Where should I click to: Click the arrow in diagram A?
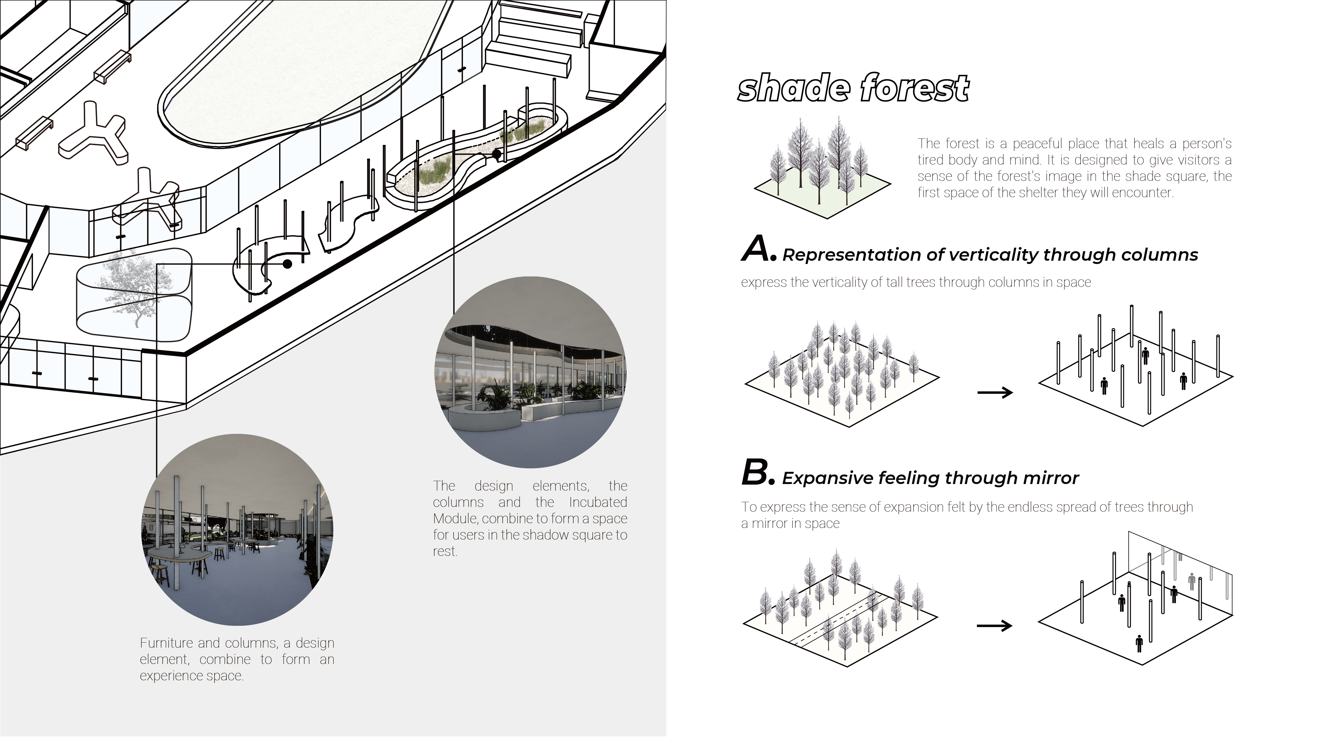994,393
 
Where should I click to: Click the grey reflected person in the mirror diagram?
1192,581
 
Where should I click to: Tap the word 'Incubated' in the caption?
598,502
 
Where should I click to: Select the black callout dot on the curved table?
287,264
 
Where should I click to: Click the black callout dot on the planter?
496,154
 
